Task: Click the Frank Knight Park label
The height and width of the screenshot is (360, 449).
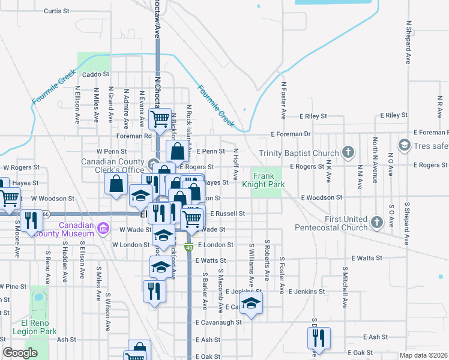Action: pyautogui.click(x=267, y=180)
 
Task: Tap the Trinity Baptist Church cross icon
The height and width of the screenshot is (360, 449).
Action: pyautogui.click(x=347, y=153)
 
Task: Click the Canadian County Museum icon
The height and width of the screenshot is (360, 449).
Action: pyautogui.click(x=103, y=228)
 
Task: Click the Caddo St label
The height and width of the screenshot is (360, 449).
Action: pyautogui.click(x=95, y=74)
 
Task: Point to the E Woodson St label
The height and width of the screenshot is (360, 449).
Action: pyautogui.click(x=322, y=197)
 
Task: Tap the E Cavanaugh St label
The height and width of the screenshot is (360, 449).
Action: pyautogui.click(x=218, y=322)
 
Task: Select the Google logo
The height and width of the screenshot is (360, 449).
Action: pyautogui.click(x=20, y=353)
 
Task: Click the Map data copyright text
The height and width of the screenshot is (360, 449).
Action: pyautogui.click(x=424, y=355)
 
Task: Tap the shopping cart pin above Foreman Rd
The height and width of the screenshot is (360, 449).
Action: pyautogui.click(x=160, y=118)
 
